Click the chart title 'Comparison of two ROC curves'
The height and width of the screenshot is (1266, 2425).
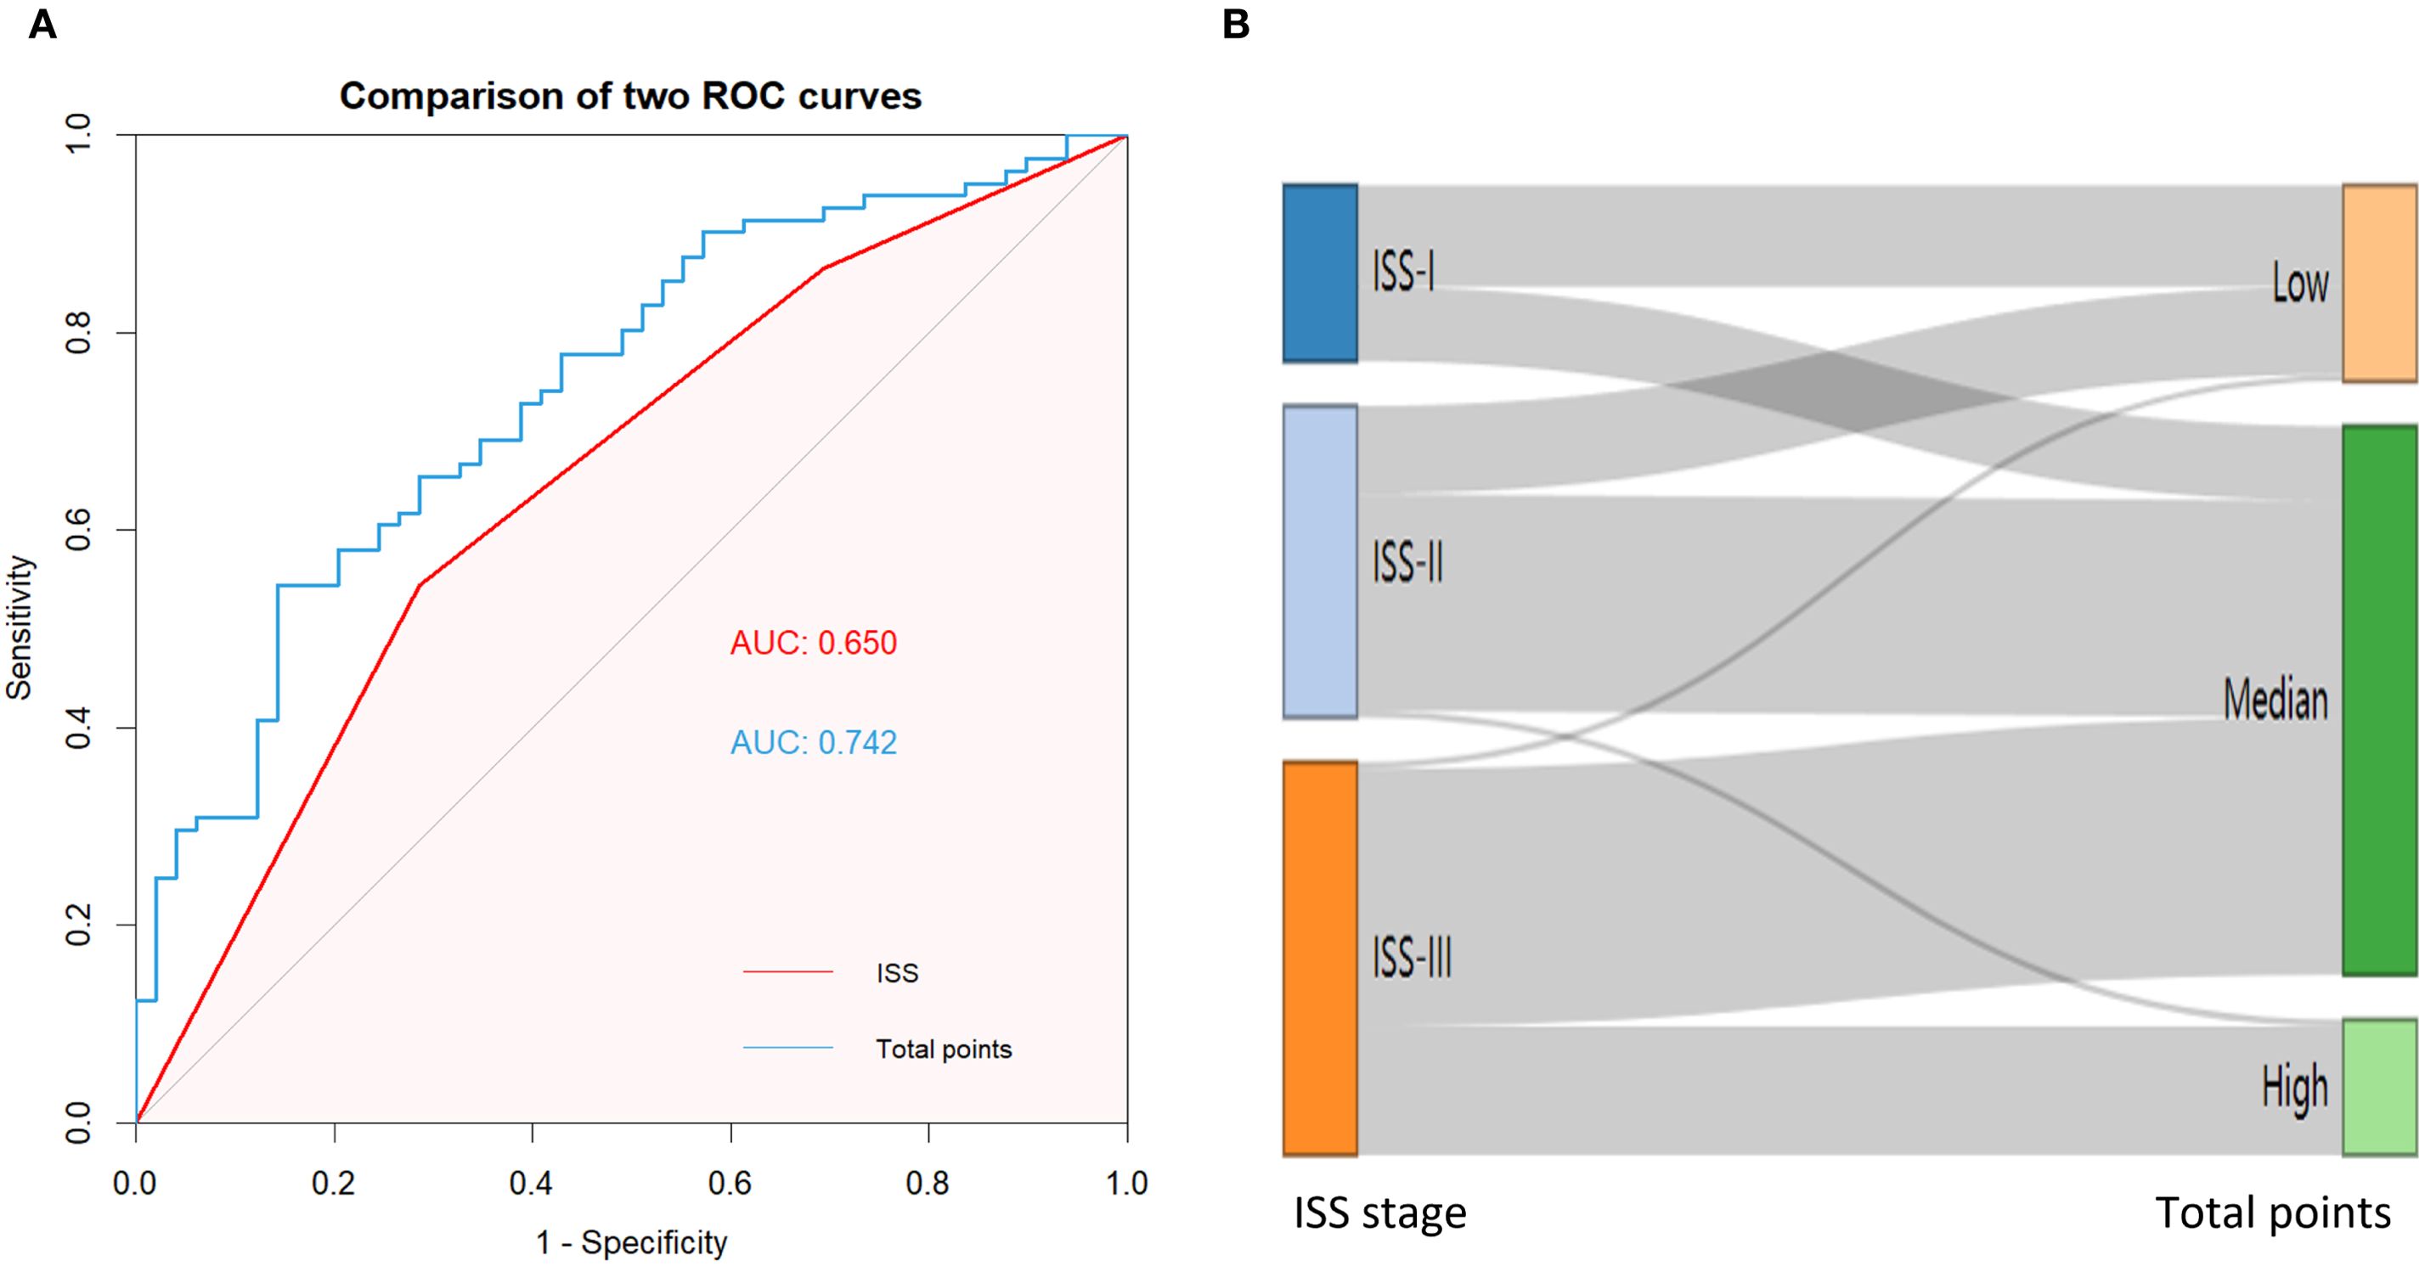629,96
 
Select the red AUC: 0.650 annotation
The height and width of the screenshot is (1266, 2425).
814,643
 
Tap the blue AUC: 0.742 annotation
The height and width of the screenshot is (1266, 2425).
814,743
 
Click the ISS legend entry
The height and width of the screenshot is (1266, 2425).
896,972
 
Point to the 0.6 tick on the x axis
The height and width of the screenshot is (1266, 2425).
730,1183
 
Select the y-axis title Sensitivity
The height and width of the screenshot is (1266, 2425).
20,627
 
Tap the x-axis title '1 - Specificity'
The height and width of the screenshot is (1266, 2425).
632,1242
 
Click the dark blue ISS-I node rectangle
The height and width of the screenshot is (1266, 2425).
1320,273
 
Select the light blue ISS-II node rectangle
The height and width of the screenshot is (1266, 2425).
1320,562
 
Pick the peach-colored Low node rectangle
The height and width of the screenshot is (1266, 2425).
2379,283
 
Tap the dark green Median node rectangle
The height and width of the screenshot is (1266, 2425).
2379,701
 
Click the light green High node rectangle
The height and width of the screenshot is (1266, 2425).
2379,1086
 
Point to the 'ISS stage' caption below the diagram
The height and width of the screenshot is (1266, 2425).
1380,1213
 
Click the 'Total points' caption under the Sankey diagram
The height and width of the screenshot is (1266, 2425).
2272,1213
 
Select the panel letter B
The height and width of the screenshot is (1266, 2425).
1235,25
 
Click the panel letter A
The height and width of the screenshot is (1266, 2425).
42,25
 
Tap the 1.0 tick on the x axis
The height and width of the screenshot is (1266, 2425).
1127,1183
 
